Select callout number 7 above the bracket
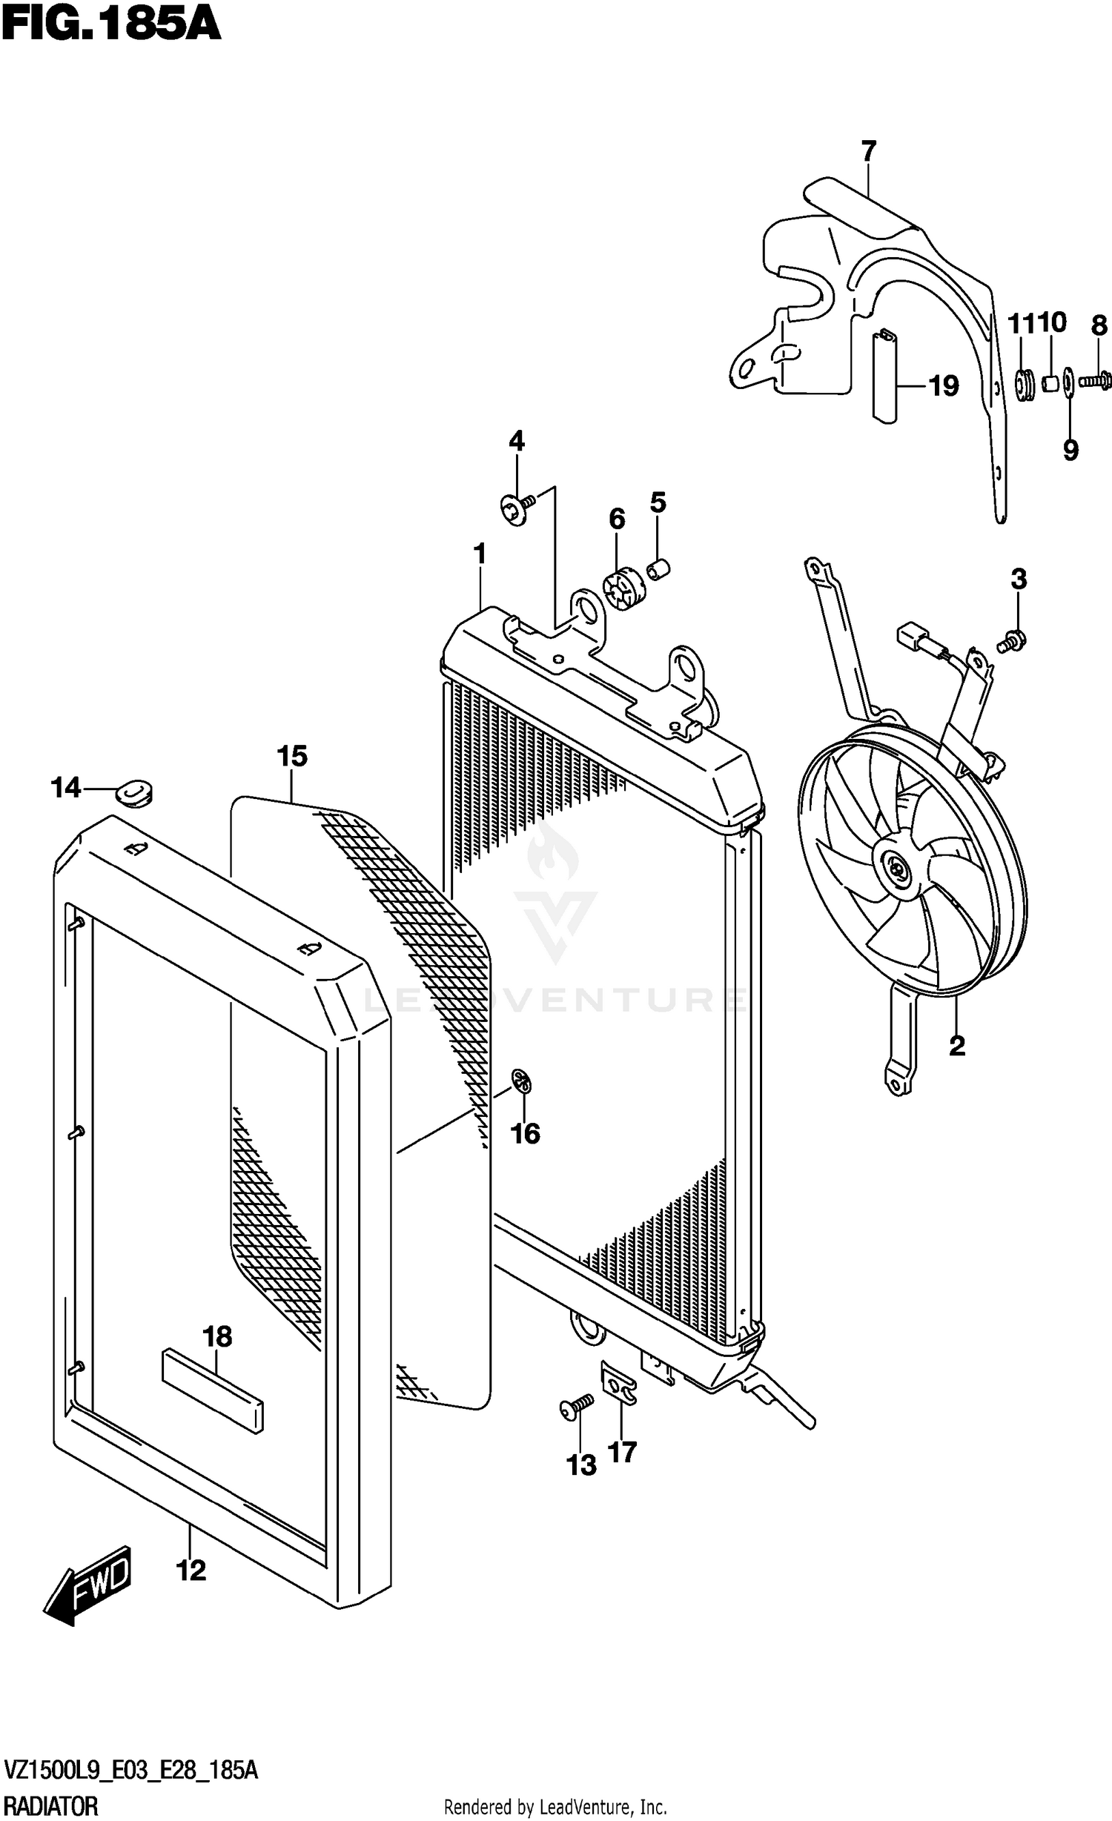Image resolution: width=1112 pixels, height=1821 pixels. point(869,151)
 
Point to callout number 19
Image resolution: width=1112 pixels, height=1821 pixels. point(944,386)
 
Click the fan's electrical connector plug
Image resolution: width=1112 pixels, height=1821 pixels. point(911,635)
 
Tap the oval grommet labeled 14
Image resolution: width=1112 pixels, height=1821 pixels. point(135,793)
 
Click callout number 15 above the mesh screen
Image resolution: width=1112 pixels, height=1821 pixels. point(291,757)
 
